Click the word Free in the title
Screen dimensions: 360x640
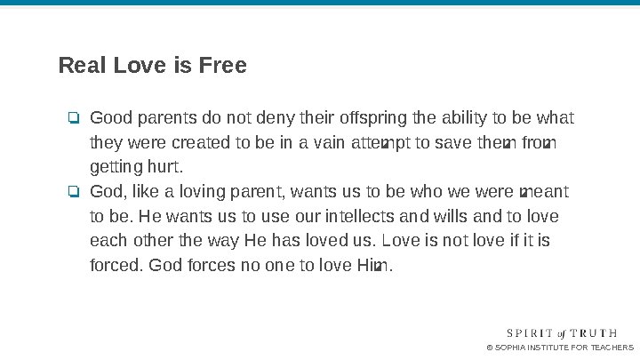click(x=223, y=66)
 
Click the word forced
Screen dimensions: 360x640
click(x=116, y=265)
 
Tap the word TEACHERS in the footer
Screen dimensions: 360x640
click(x=612, y=347)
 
